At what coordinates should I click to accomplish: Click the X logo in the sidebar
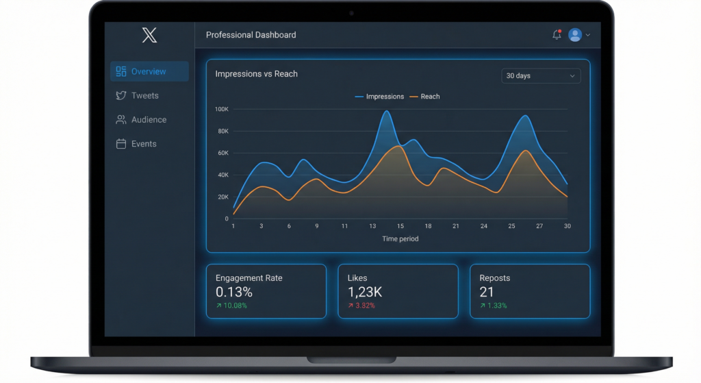coord(149,35)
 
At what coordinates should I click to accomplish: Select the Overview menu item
coord(149,71)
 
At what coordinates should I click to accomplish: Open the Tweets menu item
coord(144,96)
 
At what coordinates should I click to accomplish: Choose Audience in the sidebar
coord(149,120)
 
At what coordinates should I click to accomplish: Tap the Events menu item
coord(144,144)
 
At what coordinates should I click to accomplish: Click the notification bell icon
coord(557,35)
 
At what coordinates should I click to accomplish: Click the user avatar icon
coord(575,35)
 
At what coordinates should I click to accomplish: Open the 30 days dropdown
coord(540,76)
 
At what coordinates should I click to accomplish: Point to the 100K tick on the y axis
coord(221,109)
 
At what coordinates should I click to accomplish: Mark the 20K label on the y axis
coord(222,197)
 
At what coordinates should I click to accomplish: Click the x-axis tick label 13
coord(372,226)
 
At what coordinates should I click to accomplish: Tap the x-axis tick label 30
coord(568,226)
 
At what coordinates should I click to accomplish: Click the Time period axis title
coord(400,239)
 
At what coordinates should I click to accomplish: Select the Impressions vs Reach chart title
coord(256,74)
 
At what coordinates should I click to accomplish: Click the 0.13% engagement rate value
coord(233,292)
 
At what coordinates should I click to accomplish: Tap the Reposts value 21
coord(487,292)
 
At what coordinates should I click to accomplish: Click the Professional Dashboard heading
coord(251,35)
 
